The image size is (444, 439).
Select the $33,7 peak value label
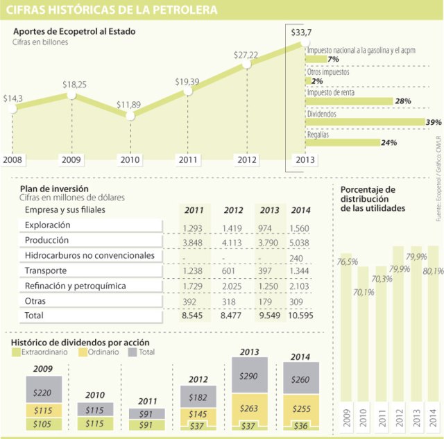pos(300,33)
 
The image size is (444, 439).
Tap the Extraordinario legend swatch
pos(17,352)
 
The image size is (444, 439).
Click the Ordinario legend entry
pos(101,352)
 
